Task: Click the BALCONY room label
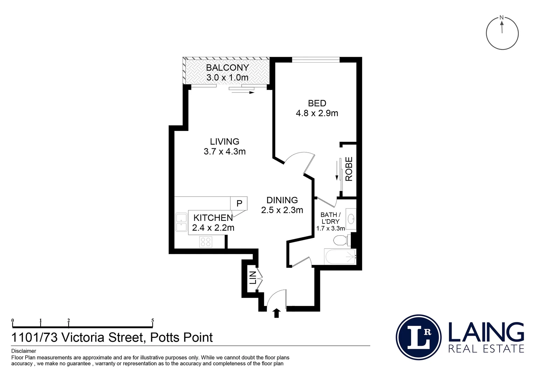[227, 68]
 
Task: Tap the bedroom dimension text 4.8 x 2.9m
[317, 113]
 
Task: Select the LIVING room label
[224, 141]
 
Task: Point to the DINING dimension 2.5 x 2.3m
[282, 210]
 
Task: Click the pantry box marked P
[239, 203]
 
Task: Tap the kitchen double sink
[181, 222]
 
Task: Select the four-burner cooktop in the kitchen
[206, 241]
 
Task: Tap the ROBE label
[349, 169]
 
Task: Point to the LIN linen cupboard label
[253, 278]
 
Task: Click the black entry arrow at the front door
[277, 313]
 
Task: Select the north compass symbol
[502, 33]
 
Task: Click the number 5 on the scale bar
[152, 320]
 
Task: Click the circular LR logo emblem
[418, 337]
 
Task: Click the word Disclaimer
[24, 351]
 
